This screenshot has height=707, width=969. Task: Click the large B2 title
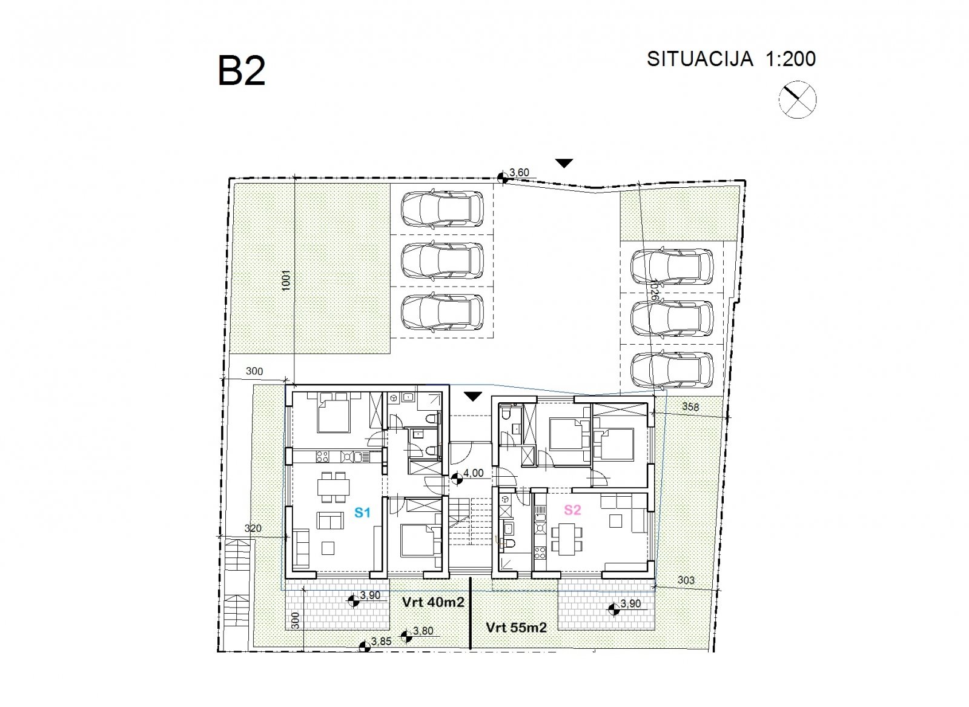(241, 71)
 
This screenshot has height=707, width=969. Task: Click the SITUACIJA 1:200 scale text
(731, 59)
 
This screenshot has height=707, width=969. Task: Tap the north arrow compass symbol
(797, 99)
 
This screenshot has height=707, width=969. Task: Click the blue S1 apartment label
(362, 513)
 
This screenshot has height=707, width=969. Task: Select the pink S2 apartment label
(572, 510)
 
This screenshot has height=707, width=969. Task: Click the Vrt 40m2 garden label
(433, 602)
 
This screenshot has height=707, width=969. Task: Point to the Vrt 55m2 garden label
(516, 628)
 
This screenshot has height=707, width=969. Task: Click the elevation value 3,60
(519, 173)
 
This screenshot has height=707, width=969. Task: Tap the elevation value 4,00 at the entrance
(473, 473)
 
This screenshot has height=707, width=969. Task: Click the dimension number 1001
(286, 280)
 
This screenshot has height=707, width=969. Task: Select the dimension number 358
(690, 407)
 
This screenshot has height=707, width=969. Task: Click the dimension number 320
(253, 528)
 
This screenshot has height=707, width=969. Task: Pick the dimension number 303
(686, 580)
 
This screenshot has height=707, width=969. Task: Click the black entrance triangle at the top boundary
(564, 164)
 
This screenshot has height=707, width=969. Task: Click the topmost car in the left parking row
(442, 209)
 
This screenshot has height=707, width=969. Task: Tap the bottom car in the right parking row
(672, 370)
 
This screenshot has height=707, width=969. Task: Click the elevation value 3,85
(381, 642)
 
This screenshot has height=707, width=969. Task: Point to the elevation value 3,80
(423, 631)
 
